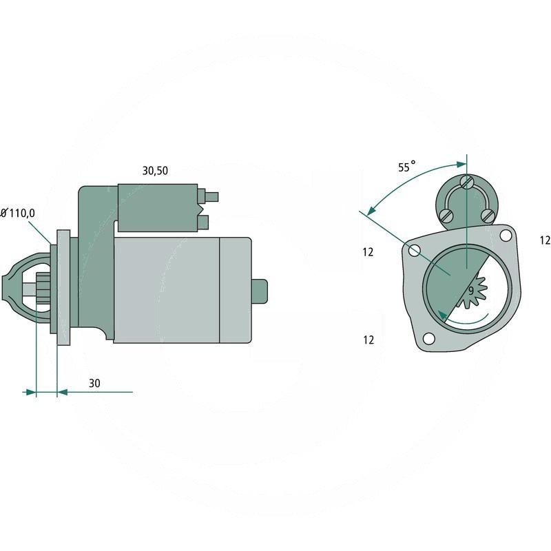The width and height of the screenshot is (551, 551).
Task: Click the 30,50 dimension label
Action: pyautogui.click(x=155, y=172)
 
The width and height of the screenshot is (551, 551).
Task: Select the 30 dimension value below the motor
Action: pyautogui.click(x=94, y=384)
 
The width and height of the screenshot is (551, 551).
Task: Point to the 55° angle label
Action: pyautogui.click(x=407, y=167)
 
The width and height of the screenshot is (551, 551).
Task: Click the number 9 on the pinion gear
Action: pyautogui.click(x=471, y=291)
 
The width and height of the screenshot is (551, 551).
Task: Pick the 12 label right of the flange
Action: pyautogui.click(x=545, y=240)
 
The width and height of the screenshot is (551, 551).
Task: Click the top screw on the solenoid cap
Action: pyautogui.click(x=467, y=183)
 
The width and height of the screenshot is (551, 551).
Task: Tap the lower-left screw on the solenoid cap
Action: pyautogui.click(x=445, y=216)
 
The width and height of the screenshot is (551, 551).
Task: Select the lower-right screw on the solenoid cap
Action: pyautogui.click(x=488, y=216)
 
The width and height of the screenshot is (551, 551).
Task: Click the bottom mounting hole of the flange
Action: pyautogui.click(x=429, y=339)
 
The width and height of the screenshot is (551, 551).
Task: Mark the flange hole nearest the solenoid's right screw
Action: pyautogui.click(x=506, y=236)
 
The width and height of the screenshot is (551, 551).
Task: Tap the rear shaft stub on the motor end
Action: pyautogui.click(x=259, y=291)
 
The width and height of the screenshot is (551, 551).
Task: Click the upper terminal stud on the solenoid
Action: pyautogui.click(x=213, y=196)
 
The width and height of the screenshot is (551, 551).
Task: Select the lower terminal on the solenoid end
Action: pyautogui.click(x=203, y=221)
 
